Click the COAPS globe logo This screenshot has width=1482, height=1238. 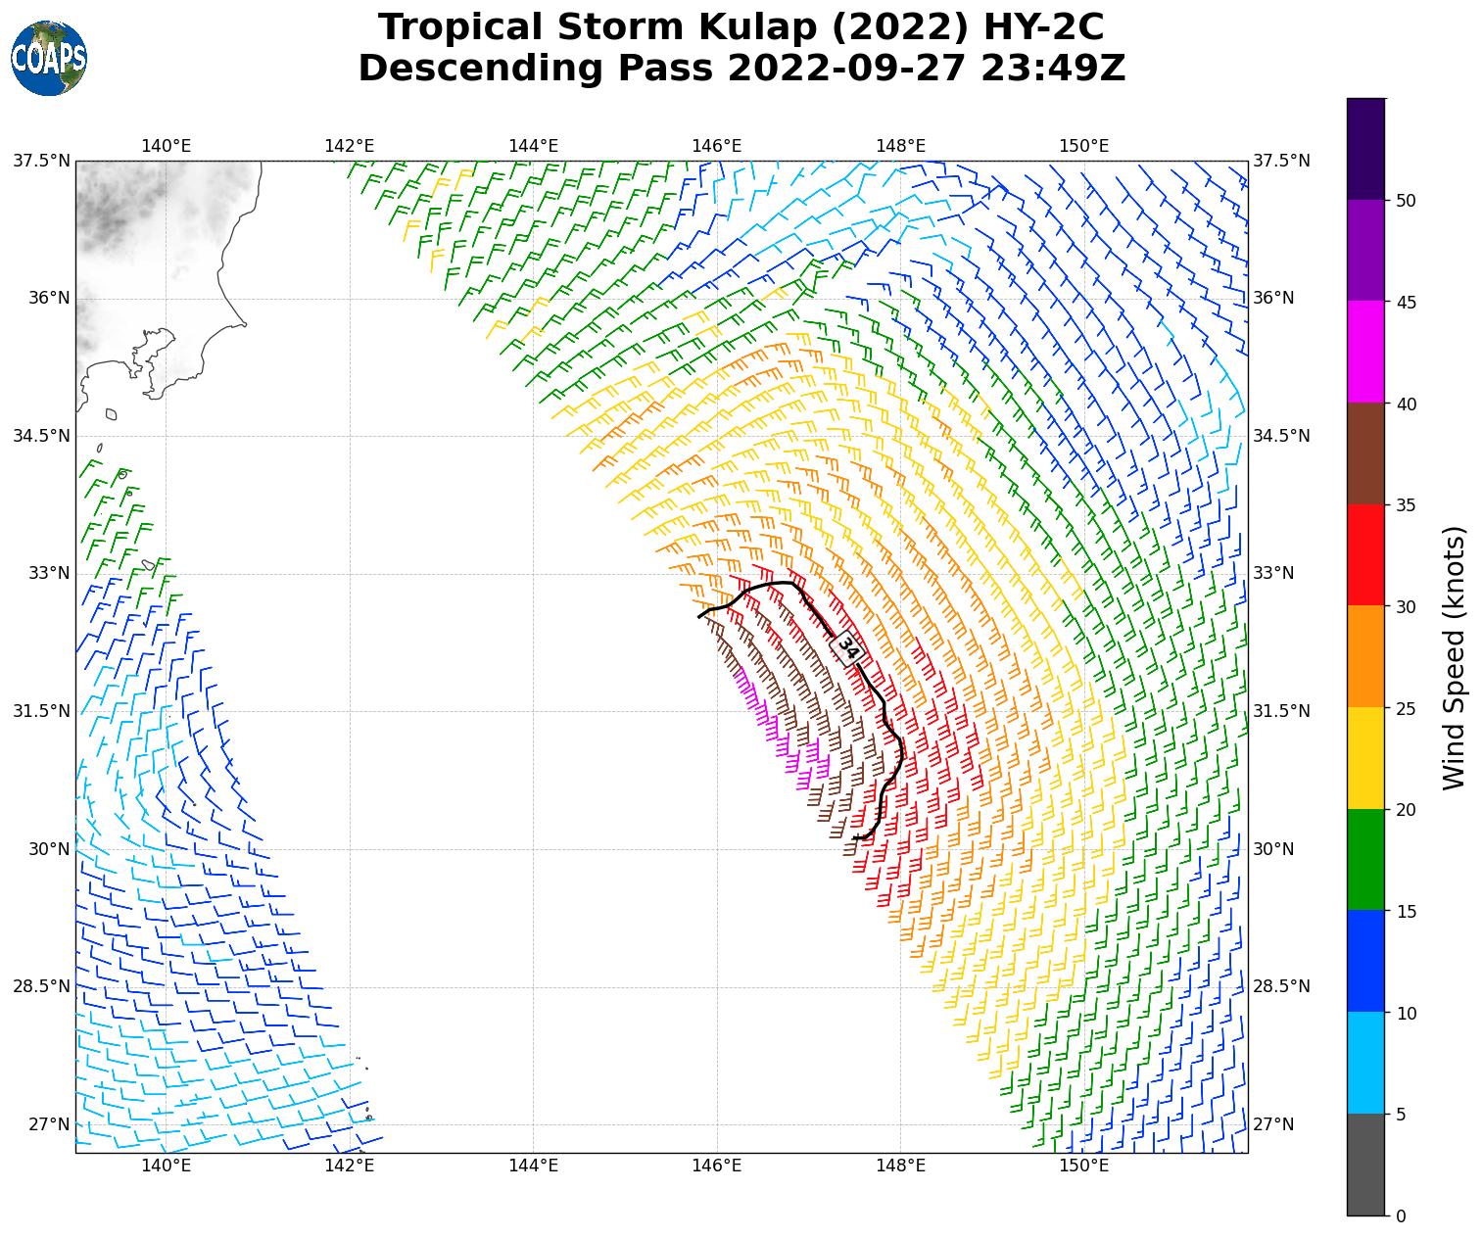tap(49, 59)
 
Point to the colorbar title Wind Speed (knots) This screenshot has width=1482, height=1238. tap(1455, 657)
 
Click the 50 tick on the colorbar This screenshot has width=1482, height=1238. tap(1406, 201)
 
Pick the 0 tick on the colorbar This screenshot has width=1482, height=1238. tap(1401, 1216)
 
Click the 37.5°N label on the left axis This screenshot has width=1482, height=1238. tap(41, 161)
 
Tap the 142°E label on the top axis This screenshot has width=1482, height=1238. tap(350, 146)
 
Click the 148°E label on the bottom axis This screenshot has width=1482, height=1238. tap(900, 1165)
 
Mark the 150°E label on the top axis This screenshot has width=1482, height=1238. tap(1083, 146)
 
